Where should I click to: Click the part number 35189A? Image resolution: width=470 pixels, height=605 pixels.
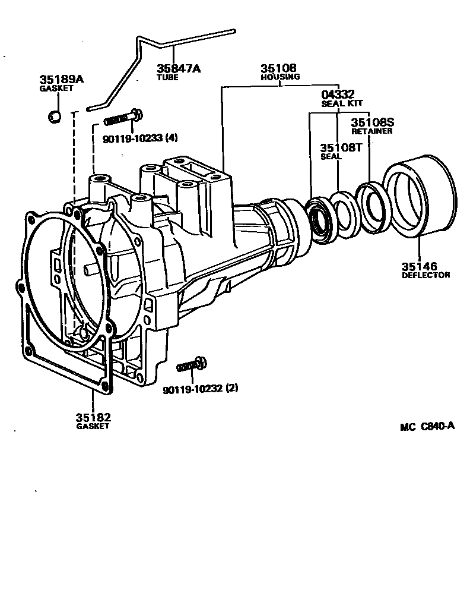click(x=62, y=80)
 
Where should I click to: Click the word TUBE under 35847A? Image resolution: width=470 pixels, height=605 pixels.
click(x=167, y=77)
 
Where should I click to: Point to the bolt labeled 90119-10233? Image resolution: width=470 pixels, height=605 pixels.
click(x=123, y=118)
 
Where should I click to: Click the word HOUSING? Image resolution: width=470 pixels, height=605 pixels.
click(x=281, y=77)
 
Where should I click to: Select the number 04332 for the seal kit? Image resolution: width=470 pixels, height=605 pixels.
click(x=338, y=94)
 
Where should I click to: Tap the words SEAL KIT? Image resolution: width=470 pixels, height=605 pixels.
click(x=338, y=103)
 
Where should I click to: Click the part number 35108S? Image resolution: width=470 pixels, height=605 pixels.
click(x=372, y=122)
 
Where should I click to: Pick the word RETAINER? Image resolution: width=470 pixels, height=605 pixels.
click(x=372, y=131)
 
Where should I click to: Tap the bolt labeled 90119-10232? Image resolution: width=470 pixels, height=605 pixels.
click(x=192, y=364)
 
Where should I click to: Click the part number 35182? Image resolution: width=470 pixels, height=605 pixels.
click(x=93, y=417)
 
